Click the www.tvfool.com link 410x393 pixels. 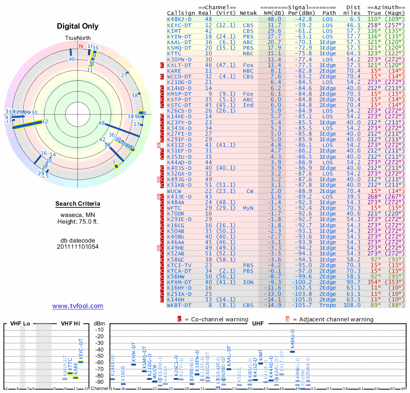[78, 306]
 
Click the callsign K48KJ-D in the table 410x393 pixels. [179, 19]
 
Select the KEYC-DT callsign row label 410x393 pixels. [179, 25]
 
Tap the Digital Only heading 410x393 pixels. [78, 26]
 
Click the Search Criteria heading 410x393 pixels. [78, 204]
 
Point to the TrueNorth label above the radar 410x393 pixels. [78, 38]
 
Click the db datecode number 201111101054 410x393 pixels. [78, 247]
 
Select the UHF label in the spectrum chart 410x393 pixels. [258, 323]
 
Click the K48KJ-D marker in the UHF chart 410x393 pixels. [292, 351]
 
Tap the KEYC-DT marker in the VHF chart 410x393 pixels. [80, 362]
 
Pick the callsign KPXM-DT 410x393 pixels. [179, 282]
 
